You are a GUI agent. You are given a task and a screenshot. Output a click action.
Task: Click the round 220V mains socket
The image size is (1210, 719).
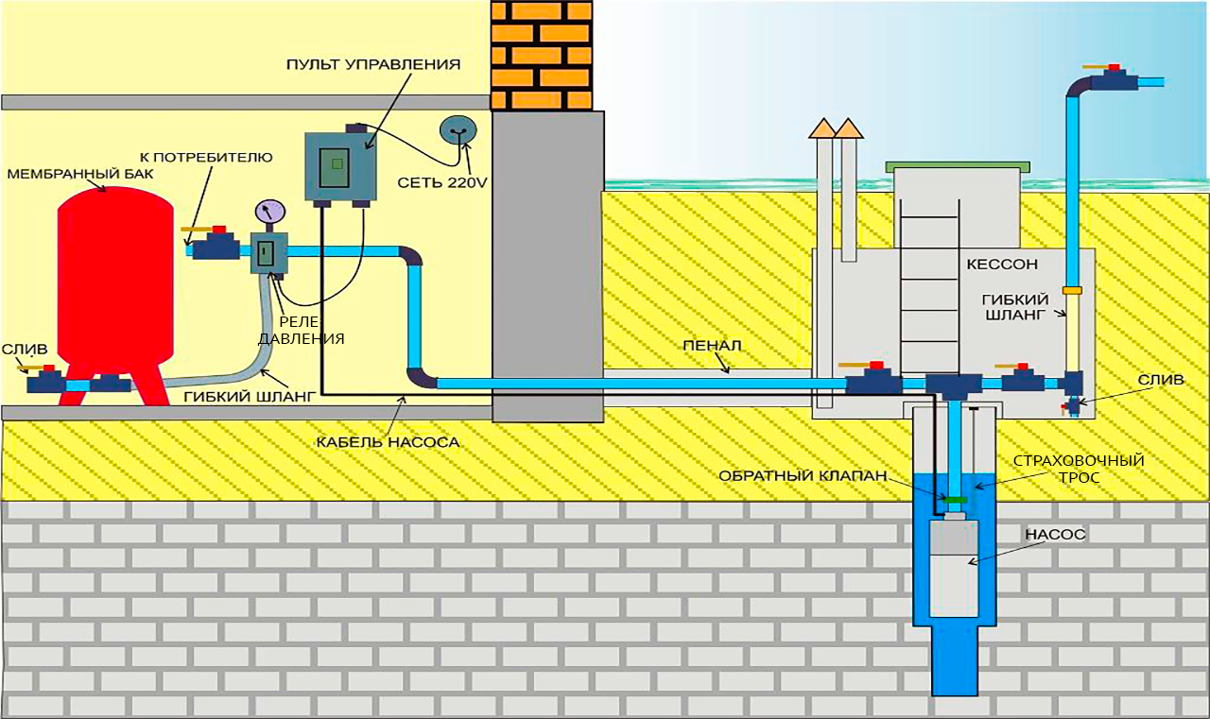(458, 131)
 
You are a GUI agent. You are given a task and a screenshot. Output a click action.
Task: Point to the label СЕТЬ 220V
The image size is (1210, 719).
(441, 182)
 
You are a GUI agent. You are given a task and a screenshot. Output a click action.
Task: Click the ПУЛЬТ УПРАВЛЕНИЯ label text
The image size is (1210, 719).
(373, 65)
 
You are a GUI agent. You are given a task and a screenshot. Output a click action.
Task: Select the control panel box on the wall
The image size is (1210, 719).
(336, 165)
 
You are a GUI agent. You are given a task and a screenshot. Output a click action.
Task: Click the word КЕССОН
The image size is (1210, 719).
(1001, 265)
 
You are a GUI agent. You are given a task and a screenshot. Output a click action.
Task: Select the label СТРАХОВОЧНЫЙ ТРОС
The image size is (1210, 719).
(1079, 469)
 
